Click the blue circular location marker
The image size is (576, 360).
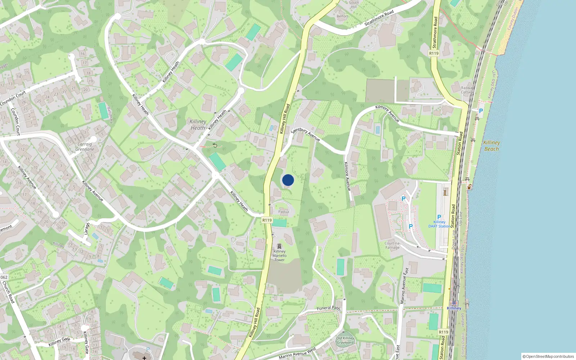pos(288,180)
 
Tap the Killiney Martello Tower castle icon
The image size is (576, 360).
pos(279,246)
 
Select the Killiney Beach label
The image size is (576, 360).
pos(491,146)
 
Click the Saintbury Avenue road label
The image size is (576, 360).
pos(306,134)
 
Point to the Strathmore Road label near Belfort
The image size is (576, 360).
pos(379,18)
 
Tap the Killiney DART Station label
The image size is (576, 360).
pos(439,224)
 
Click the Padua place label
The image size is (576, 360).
pos(283,212)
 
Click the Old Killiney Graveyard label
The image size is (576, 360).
pos(345,340)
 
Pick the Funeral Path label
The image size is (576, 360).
pos(328,308)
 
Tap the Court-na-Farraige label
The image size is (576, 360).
pos(392,245)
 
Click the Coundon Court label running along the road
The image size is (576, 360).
pos(13,98)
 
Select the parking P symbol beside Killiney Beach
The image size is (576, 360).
pos(481,111)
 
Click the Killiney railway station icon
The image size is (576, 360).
pos(454,303)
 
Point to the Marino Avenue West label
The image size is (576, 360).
pos(297,353)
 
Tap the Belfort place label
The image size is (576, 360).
pos(342,16)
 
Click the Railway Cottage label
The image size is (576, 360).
pos(468,90)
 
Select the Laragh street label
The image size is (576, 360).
pos(87,229)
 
